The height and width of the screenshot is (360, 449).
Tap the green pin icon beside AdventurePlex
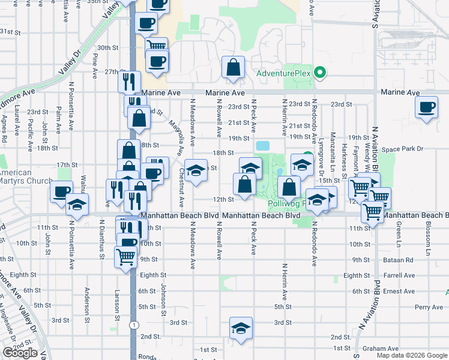click(320, 74)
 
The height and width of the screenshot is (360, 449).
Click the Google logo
click(20, 353)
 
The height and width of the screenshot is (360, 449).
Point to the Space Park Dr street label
click(403, 149)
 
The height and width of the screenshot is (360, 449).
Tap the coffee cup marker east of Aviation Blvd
click(427, 108)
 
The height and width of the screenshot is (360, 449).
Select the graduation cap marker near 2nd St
click(241, 329)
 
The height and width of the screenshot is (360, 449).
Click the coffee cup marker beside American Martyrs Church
click(61, 192)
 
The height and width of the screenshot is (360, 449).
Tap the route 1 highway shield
click(131, 325)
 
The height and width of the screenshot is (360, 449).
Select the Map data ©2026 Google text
click(412, 355)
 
